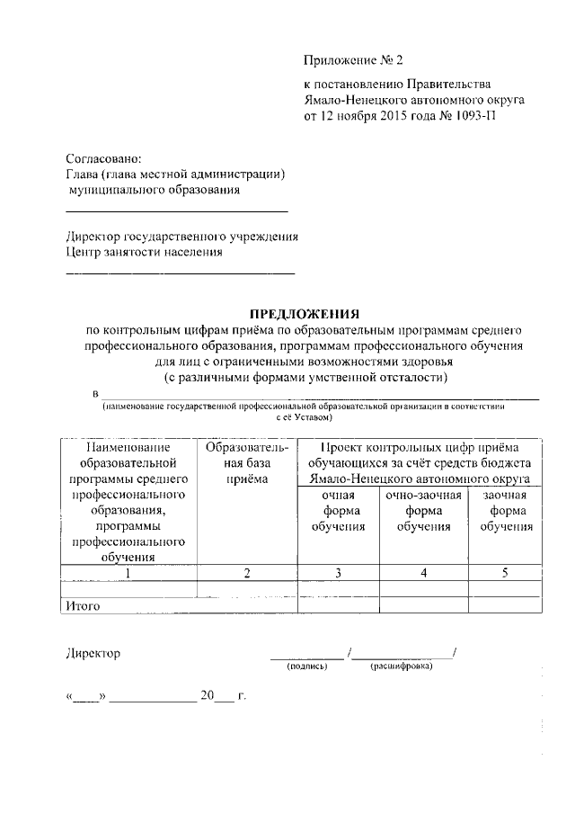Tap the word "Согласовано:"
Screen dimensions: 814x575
[103, 158]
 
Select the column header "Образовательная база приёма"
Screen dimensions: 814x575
[246, 463]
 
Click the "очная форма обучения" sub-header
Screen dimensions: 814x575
[338, 511]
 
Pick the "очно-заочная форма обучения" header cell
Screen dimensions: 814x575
[423, 511]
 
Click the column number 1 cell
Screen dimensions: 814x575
[128, 574]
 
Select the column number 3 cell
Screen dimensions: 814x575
[338, 574]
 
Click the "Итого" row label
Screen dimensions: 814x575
[82, 606]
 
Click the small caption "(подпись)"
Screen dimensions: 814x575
[307, 667]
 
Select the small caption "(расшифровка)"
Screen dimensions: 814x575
[401, 667]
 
